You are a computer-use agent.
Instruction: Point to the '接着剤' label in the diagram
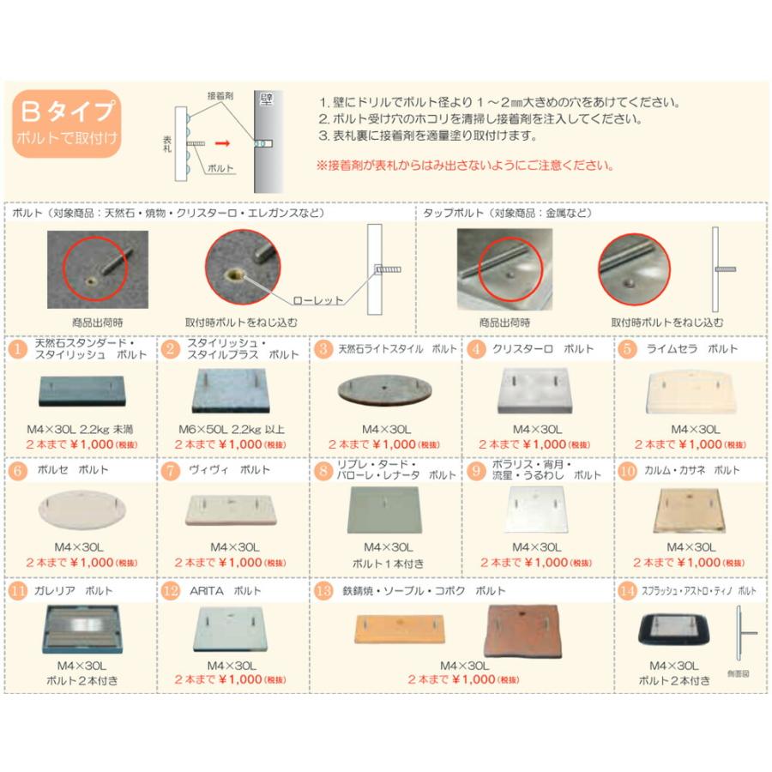tap(219, 96)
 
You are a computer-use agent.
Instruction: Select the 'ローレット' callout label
tap(317, 301)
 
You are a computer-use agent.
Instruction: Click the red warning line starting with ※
tap(469, 164)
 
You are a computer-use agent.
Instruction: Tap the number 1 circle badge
tap(19, 349)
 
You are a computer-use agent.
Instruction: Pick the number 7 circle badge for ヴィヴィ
tap(171, 470)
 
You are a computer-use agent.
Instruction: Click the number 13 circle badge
tap(323, 591)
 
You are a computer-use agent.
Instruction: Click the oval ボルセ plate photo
tap(81, 511)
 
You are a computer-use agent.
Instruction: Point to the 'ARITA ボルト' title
tap(226, 591)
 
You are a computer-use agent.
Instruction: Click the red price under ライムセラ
tap(691, 444)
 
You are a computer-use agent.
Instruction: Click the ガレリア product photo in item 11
tap(81, 633)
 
